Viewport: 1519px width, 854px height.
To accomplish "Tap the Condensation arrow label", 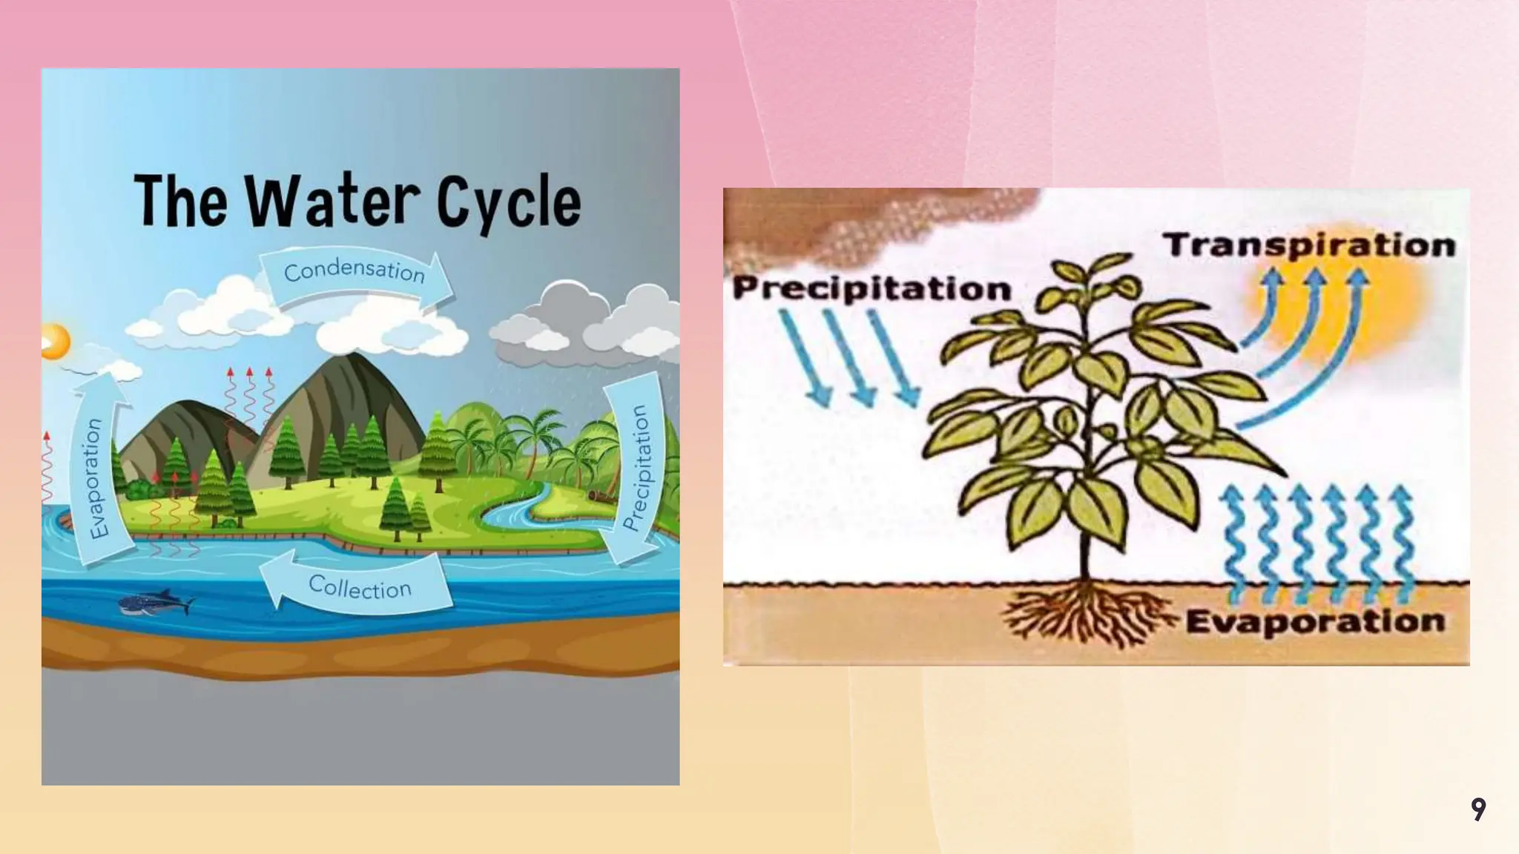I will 355,271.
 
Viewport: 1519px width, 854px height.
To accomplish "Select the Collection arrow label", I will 360,587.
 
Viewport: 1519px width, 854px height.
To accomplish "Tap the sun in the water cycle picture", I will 55,342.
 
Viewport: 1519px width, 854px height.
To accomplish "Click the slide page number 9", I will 1478,809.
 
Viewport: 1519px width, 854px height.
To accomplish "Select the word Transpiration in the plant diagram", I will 1308,245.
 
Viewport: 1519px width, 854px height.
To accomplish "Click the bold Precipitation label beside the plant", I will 871,288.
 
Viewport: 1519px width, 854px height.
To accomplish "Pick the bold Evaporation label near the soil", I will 1315,621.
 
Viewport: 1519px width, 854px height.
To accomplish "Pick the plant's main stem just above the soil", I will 1084,556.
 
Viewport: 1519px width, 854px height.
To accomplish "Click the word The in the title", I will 180,202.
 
